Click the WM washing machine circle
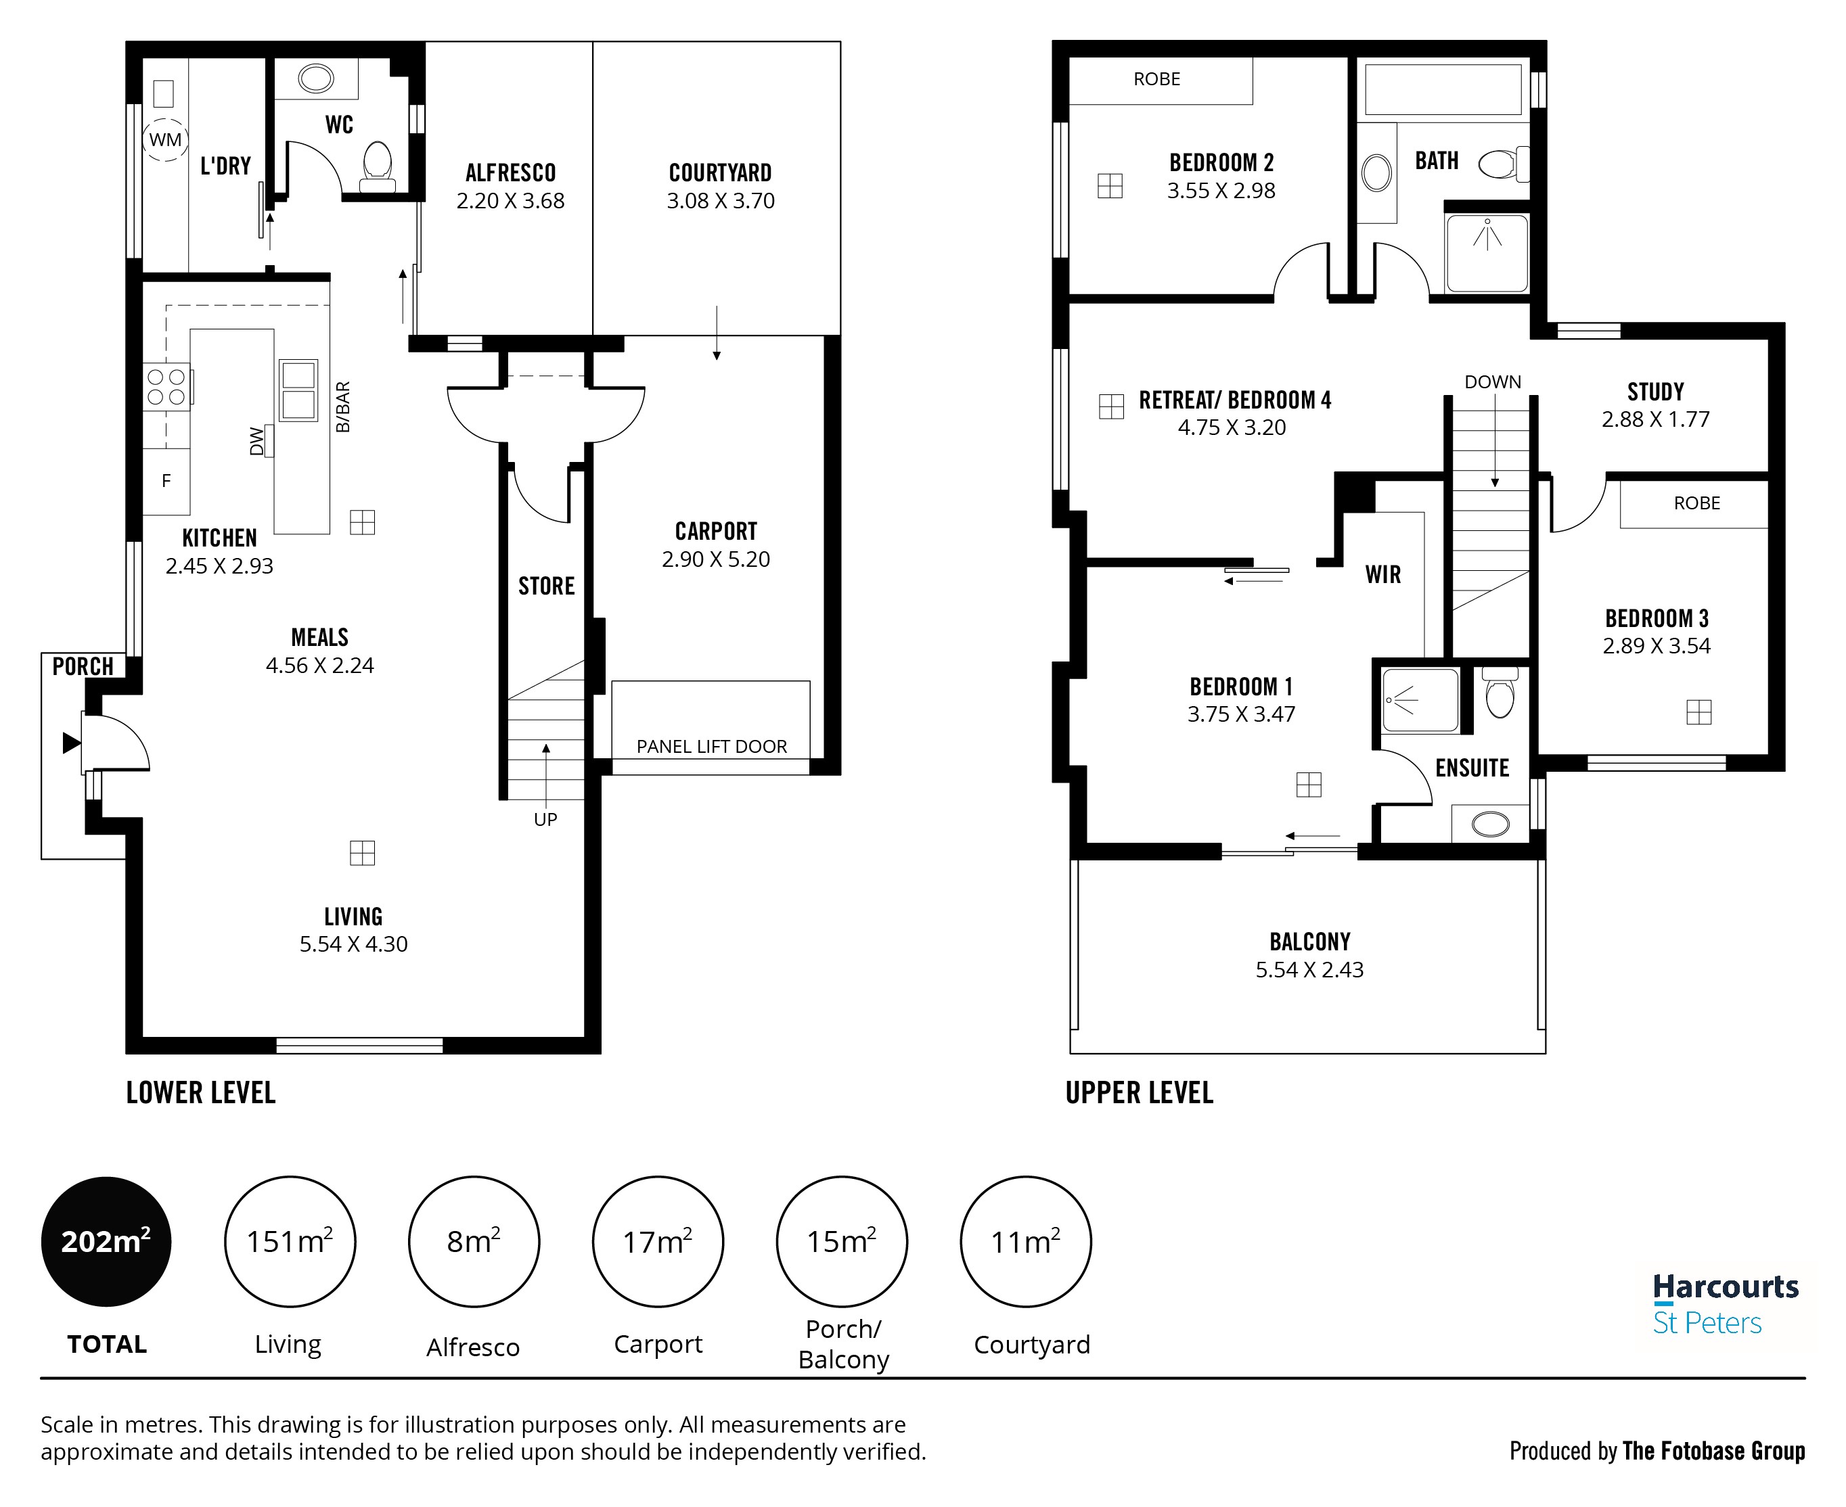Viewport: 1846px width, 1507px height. pos(165,140)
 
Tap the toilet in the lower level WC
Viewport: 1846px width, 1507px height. pos(378,165)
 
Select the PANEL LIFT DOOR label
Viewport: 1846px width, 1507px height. pos(711,747)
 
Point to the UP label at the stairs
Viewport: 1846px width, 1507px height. pos(545,820)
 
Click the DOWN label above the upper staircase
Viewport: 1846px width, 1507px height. pos(1493,382)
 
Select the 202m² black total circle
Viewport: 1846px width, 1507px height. pos(106,1241)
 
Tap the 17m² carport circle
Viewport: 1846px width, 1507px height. pos(657,1241)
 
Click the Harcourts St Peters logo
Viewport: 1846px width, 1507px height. pos(1724,1304)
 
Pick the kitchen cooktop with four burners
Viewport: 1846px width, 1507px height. pos(166,387)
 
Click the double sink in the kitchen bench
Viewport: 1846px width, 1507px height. pos(298,390)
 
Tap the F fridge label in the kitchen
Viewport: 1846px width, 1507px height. pos(166,481)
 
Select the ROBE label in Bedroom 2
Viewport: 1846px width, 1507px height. pos(1156,79)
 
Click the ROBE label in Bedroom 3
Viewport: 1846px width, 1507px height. pos(1696,503)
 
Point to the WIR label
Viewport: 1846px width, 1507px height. pos(1382,575)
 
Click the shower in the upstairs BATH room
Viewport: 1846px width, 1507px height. pos(1487,252)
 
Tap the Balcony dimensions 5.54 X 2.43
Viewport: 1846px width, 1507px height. pos(1309,970)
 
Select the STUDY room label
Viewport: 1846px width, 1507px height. pos(1655,392)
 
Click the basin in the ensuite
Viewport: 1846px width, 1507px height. pos(1490,824)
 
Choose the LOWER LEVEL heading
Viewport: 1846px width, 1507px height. pos(200,1092)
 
